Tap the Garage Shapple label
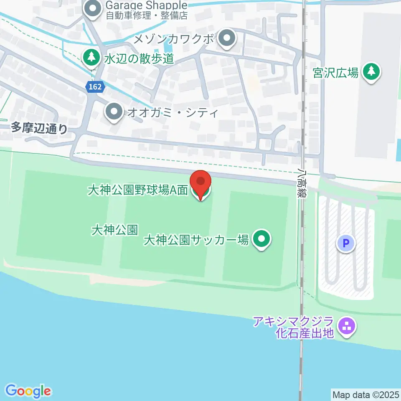coord(146,5)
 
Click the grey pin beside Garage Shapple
coord(92,9)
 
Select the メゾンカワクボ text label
coord(174,40)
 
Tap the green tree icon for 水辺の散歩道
coord(91,58)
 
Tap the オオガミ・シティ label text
coord(173,112)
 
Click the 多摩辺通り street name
coord(39,128)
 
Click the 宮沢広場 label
coord(335,73)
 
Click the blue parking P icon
coord(346,242)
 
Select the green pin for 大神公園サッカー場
coord(262,239)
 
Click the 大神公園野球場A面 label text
coord(137,190)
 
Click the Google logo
coord(28,391)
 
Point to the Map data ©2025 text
coord(366,394)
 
